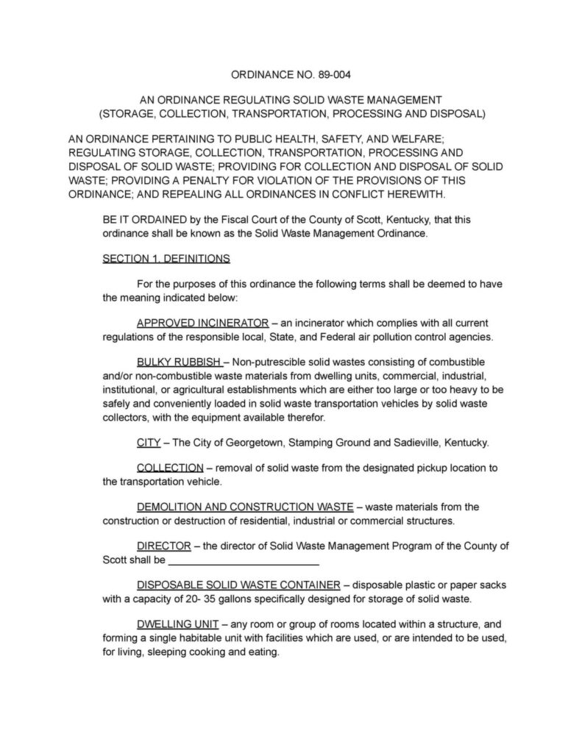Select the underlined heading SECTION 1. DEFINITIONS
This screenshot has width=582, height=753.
[166, 259]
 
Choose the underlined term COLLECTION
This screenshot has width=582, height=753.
[170, 468]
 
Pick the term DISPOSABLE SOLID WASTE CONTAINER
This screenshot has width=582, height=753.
[238, 585]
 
